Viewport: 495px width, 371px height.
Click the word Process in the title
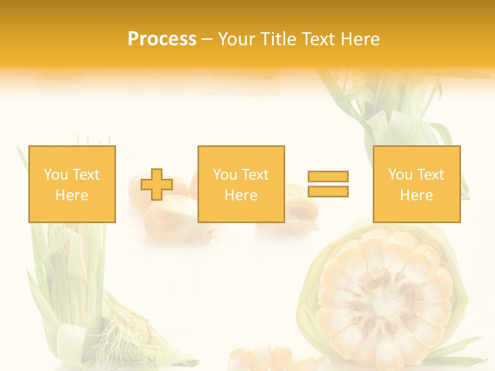click(x=162, y=39)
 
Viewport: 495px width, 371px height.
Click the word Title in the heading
click(x=275, y=39)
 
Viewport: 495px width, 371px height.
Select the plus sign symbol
click(x=157, y=184)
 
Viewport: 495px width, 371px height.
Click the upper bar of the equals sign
click(x=328, y=176)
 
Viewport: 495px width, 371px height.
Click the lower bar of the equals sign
click(x=328, y=192)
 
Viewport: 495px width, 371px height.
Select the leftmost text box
click(x=72, y=184)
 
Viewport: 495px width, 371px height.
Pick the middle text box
click(x=241, y=184)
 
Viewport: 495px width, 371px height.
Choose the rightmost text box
click(x=416, y=184)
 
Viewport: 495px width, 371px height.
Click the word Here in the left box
click(x=72, y=195)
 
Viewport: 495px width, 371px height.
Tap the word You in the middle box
click(x=225, y=175)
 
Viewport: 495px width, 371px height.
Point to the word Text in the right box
click(x=432, y=175)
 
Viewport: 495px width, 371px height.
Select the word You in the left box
click(x=56, y=175)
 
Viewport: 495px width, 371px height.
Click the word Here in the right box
click(x=416, y=195)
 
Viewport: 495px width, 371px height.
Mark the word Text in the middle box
click(x=256, y=175)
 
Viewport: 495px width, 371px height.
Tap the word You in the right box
click(x=400, y=175)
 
